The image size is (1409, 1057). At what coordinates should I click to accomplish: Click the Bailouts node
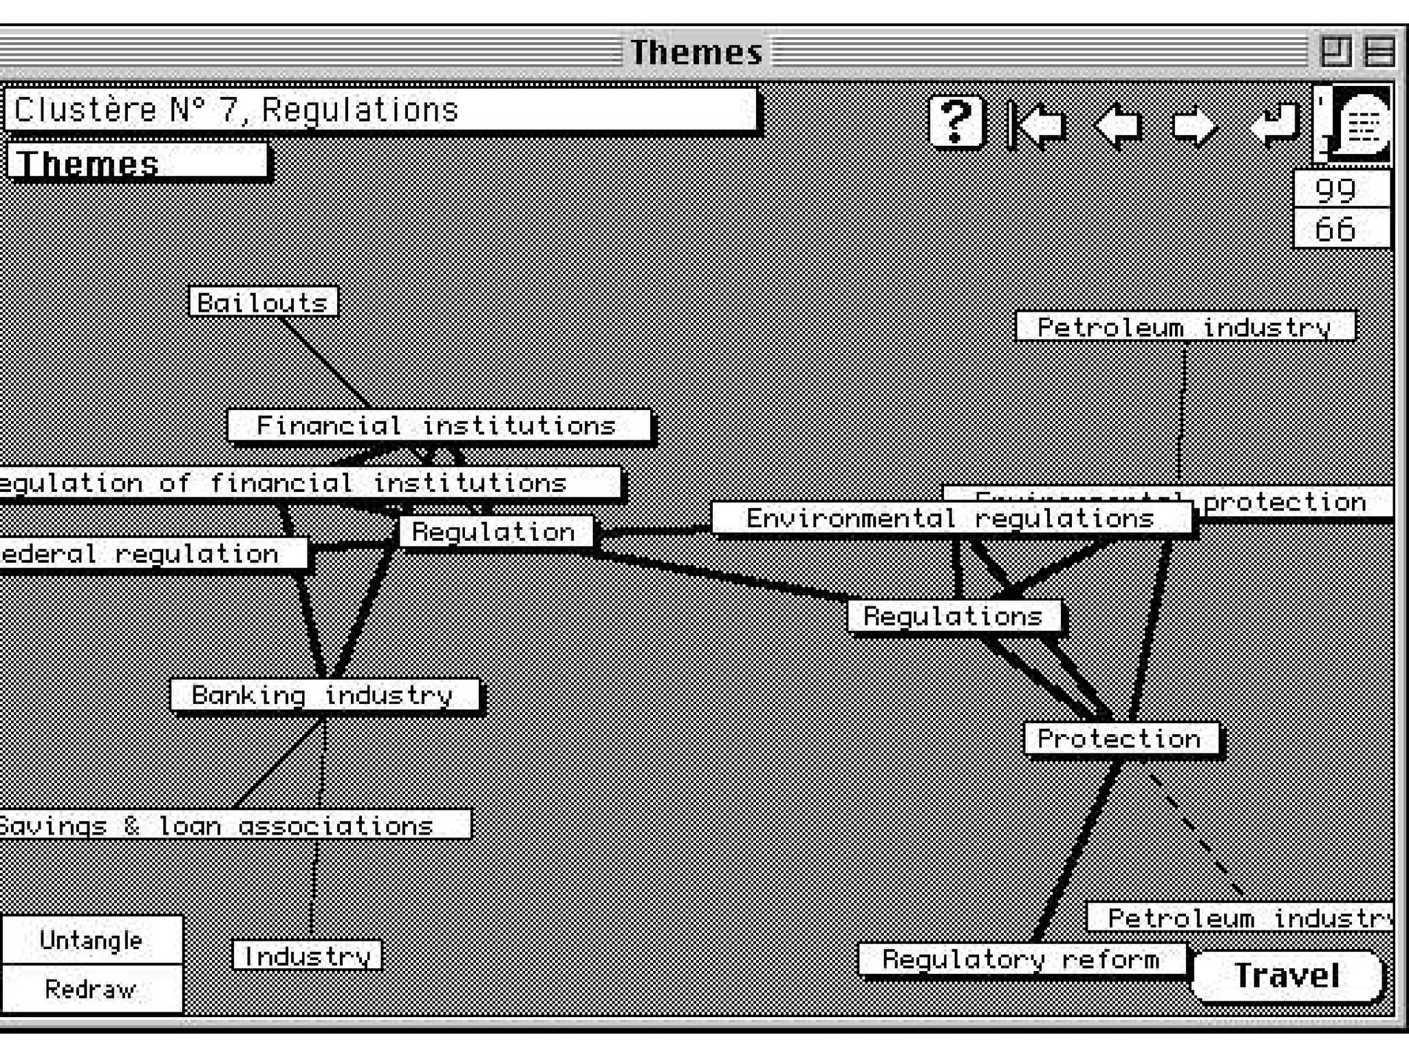(263, 302)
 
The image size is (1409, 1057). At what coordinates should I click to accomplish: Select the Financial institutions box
(438, 425)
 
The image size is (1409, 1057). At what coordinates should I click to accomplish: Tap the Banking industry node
(324, 695)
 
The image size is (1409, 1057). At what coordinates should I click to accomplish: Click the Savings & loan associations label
(227, 824)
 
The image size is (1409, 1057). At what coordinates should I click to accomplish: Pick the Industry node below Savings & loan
(307, 955)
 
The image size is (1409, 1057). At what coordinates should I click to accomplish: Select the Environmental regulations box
(950, 518)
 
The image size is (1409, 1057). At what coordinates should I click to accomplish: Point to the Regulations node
(954, 616)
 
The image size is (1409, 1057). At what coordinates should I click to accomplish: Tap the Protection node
(1120, 738)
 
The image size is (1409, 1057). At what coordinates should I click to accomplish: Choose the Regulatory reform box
(1021, 959)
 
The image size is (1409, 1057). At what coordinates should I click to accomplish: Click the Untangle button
(91, 940)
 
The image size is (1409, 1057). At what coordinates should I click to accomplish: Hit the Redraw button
(91, 989)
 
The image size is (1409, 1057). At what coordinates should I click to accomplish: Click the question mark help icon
(956, 122)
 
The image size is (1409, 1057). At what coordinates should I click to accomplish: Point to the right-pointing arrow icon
(1194, 125)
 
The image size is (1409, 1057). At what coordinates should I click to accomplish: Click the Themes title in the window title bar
(696, 52)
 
